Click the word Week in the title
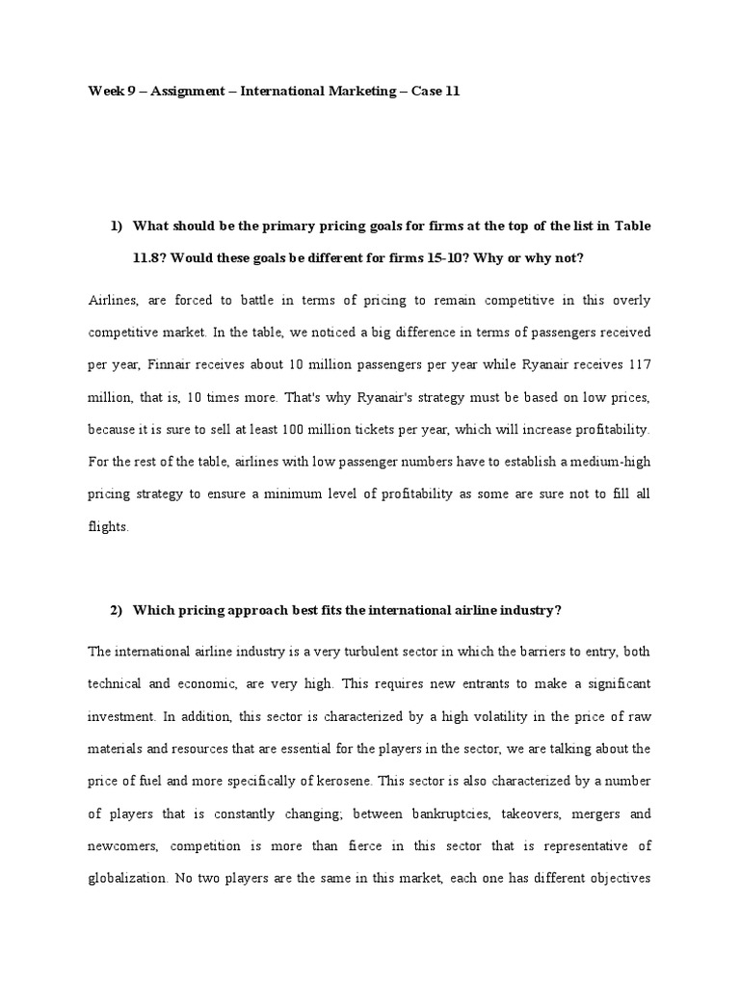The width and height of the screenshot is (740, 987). tap(105, 92)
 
